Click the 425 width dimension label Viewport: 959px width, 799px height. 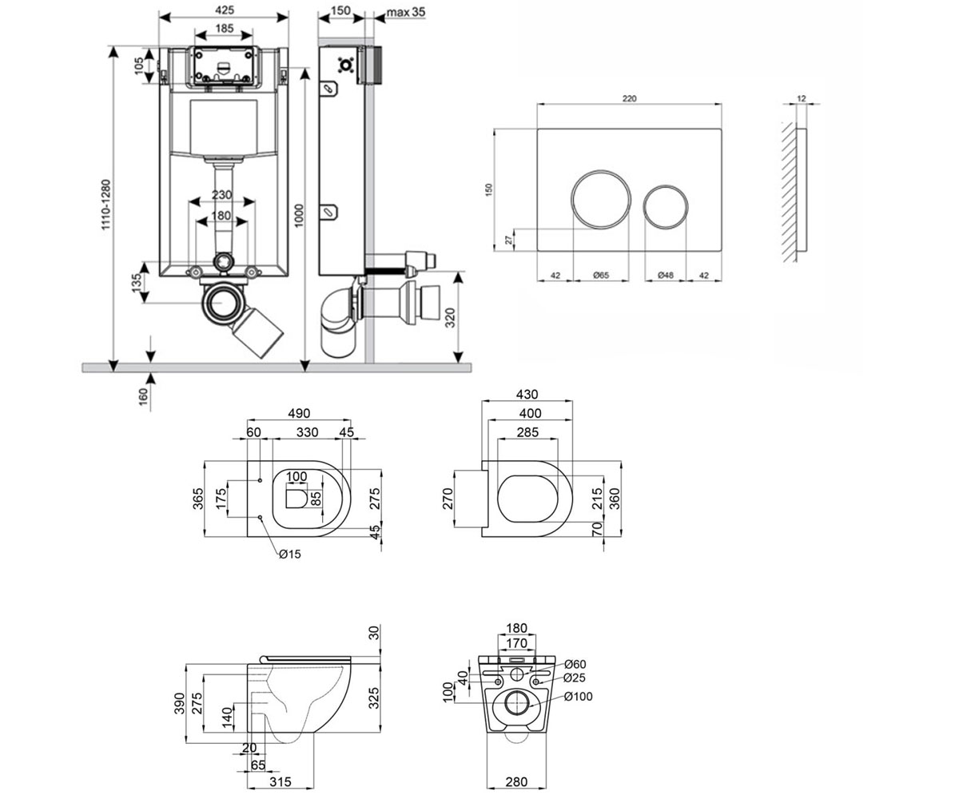pyautogui.click(x=224, y=10)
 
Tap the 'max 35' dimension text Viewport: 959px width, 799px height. pyautogui.click(x=405, y=12)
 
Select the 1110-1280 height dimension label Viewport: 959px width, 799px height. pyautogui.click(x=106, y=205)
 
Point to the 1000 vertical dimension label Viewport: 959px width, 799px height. pyautogui.click(x=299, y=216)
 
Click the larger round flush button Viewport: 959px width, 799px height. pyautogui.click(x=601, y=199)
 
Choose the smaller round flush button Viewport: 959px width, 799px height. pyautogui.click(x=666, y=207)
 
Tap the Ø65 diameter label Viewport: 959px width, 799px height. pyautogui.click(x=601, y=275)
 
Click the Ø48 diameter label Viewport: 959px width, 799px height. pyautogui.click(x=666, y=275)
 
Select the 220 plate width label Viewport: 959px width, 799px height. pyautogui.click(x=629, y=98)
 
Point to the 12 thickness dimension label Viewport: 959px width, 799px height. pyautogui.click(x=802, y=98)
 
